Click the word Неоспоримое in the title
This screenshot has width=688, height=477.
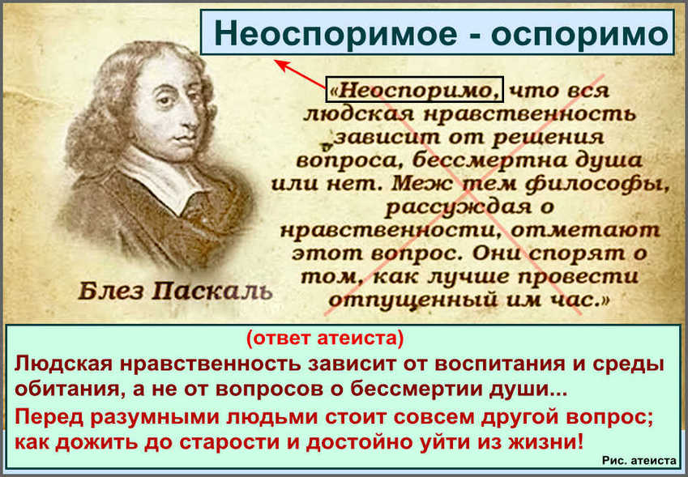pyautogui.click(x=335, y=34)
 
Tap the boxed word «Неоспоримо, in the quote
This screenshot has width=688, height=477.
pyautogui.click(x=415, y=90)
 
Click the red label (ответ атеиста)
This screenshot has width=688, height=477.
pyautogui.click(x=325, y=340)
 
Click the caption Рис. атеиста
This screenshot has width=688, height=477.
pyautogui.click(x=639, y=461)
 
